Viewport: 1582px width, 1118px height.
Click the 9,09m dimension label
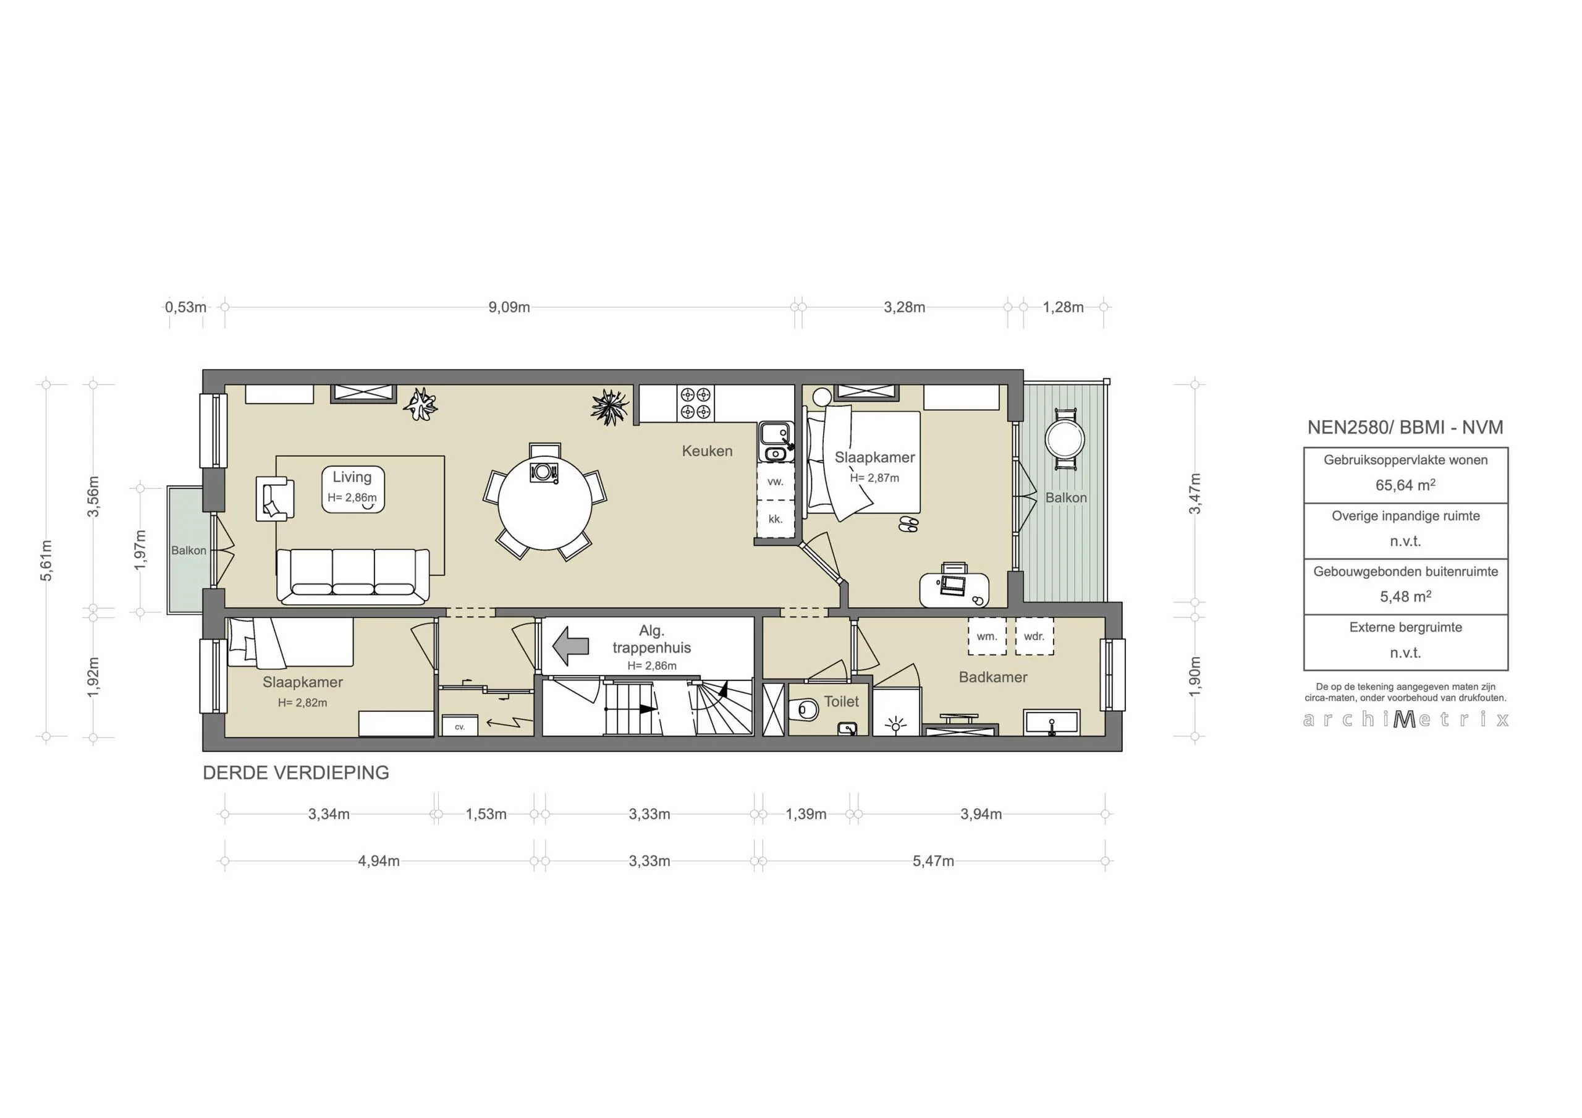tap(509, 307)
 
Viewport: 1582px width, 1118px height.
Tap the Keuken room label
tap(707, 451)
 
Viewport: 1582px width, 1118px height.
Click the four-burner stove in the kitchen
tap(695, 403)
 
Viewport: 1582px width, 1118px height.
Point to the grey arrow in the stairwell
tap(570, 646)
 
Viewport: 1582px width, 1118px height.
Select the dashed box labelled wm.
tap(987, 636)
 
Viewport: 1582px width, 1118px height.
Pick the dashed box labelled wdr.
tap(1034, 636)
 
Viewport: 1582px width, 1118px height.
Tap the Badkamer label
tap(993, 677)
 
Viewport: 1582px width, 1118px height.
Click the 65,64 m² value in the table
tap(1405, 485)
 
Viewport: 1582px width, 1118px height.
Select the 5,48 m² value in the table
tap(1405, 596)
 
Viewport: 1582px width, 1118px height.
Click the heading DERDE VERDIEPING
tap(295, 773)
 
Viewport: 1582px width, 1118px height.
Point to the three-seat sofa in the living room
tap(353, 575)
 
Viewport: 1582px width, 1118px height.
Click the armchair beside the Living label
tap(274, 498)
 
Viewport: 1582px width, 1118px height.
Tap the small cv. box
tap(460, 727)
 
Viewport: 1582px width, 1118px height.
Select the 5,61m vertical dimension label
tap(46, 561)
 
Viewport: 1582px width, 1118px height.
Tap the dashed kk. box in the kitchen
tap(775, 519)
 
